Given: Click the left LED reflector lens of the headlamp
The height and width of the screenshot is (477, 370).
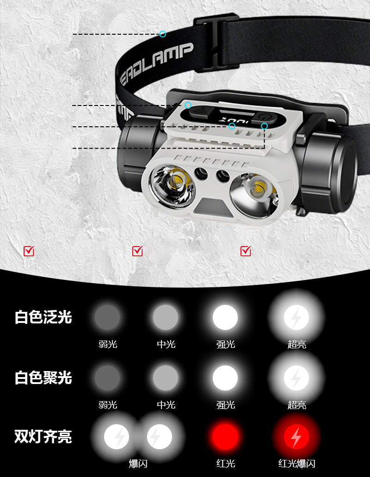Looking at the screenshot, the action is (172, 186).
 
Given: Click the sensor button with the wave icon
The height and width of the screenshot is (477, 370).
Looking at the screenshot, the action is (199, 113).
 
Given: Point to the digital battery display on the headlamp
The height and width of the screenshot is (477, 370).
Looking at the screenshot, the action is (234, 121).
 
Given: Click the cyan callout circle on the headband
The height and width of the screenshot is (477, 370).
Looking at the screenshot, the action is (163, 34).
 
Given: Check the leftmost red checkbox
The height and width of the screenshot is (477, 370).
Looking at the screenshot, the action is (29, 251).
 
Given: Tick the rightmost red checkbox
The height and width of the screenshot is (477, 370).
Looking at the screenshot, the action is (246, 251).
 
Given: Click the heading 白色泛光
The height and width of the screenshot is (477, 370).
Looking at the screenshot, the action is (43, 317).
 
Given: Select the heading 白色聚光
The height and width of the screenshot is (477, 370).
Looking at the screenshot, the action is (43, 378).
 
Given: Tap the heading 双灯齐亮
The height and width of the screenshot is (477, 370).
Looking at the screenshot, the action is (43, 437).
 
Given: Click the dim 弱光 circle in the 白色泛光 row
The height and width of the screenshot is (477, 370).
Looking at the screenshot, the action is (107, 317).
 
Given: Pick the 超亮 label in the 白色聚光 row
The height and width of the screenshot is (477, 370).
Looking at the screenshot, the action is (297, 405).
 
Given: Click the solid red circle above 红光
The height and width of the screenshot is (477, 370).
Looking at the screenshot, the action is (225, 437).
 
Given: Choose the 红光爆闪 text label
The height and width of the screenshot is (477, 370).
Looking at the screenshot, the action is (297, 464).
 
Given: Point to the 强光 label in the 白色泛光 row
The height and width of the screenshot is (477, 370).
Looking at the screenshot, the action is (226, 344).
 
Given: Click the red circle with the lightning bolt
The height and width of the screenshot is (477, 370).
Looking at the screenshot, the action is (296, 437).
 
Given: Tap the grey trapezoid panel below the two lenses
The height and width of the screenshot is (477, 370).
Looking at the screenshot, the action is (213, 207).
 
